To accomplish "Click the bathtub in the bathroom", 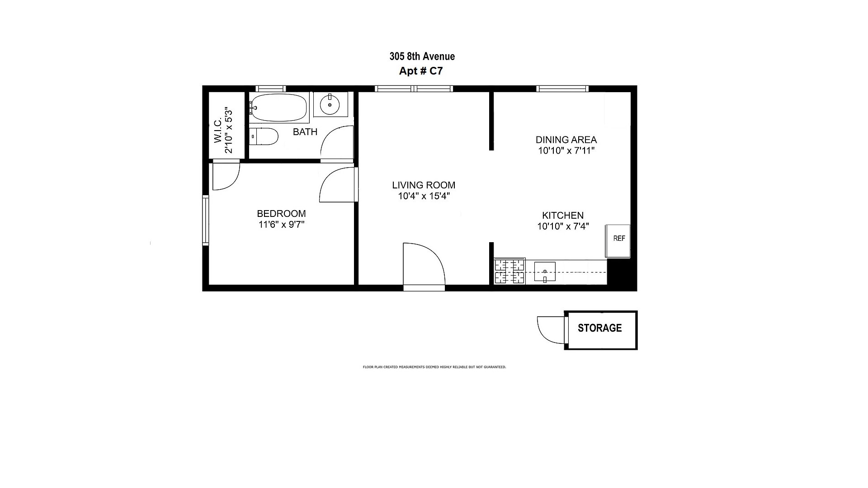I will [278, 108].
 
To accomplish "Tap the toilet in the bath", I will [264, 136].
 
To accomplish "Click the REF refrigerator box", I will [618, 241].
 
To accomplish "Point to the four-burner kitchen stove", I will [509, 271].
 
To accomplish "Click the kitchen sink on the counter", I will [545, 272].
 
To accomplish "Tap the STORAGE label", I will [599, 328].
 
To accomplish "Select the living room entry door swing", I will [423, 264].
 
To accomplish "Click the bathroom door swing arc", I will [337, 142].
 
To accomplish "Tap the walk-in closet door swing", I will [225, 176].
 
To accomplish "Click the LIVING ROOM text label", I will [424, 185].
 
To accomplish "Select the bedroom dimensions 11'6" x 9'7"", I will [281, 225].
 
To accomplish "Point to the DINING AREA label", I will [566, 140].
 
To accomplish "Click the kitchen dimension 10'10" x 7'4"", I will [563, 226].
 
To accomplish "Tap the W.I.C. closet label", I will [218, 131].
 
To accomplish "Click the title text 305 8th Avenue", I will [422, 56].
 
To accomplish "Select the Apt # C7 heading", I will [420, 71].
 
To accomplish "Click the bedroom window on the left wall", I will [205, 220].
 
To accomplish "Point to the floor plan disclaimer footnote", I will [434, 367].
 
